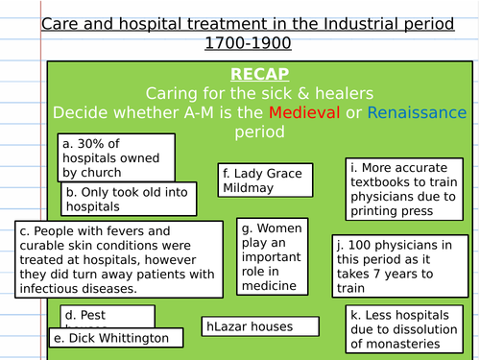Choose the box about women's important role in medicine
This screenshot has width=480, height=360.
(272, 256)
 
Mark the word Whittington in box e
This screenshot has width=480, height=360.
(133, 338)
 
